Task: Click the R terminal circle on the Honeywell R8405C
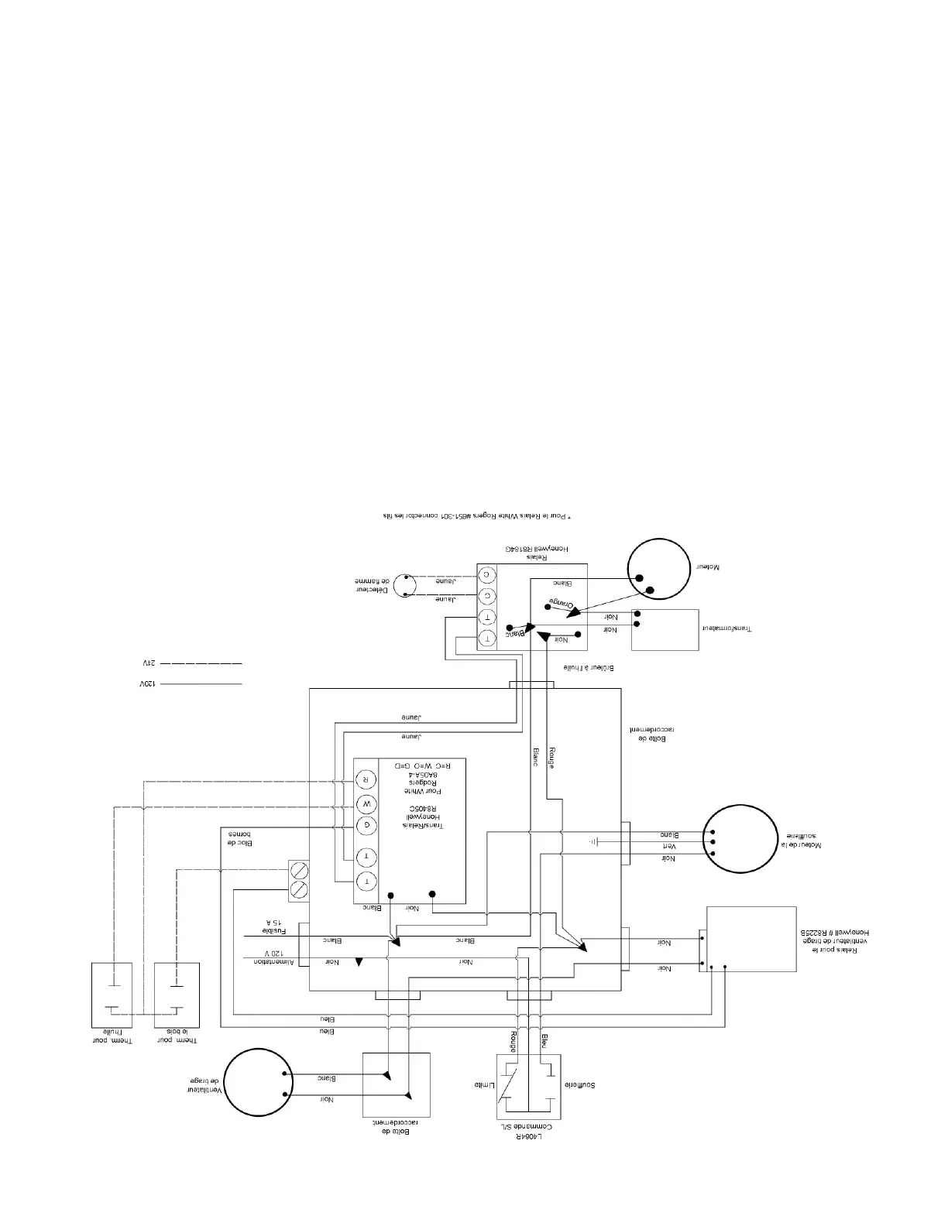tap(367, 778)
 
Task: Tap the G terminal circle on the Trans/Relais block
tap(367, 825)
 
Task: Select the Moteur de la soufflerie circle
tap(739, 839)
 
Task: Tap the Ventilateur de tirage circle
tap(256, 1083)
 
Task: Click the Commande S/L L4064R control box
tap(528, 1086)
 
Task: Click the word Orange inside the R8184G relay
tap(562, 603)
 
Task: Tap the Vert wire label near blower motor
tap(668, 847)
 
